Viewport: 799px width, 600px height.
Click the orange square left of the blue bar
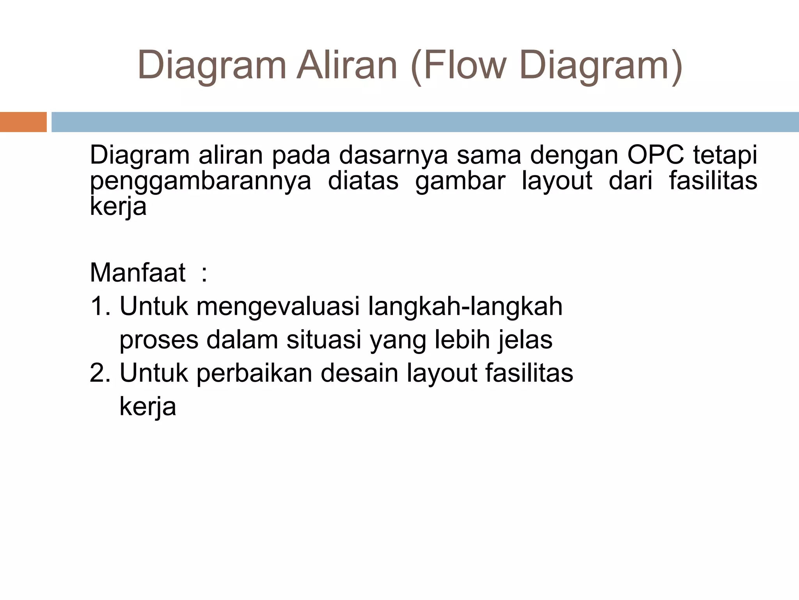(23, 122)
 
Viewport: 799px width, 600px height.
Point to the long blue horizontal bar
(425, 122)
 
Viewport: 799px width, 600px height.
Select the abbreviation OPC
(655, 155)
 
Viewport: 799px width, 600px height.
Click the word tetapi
(725, 155)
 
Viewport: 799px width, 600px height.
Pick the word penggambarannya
(201, 181)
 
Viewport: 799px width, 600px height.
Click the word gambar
(460, 181)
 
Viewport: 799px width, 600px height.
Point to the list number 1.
(100, 306)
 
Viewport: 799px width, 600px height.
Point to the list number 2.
(100, 373)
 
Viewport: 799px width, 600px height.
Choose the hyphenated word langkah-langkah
(465, 307)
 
